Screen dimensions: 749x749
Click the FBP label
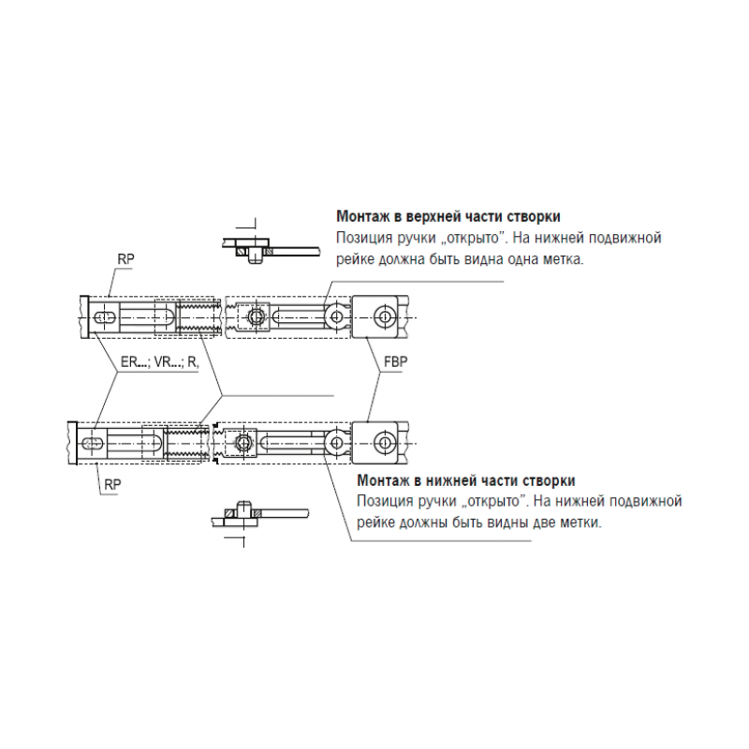(396, 361)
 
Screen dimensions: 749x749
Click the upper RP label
(126, 259)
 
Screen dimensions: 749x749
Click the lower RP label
(112, 484)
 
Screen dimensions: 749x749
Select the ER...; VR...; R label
(159, 361)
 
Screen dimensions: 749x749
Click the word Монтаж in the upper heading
(368, 216)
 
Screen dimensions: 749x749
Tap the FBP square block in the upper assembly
(375, 316)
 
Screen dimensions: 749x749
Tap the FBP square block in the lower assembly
(375, 443)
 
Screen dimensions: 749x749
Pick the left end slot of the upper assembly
(105, 317)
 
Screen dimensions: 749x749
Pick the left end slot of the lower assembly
(93, 443)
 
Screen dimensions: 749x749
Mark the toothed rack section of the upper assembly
(198, 316)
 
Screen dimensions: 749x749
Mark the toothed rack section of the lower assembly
(186, 443)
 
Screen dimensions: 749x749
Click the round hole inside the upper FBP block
(383, 316)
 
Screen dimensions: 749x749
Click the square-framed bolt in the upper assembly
(254, 316)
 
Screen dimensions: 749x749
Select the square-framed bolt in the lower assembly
(242, 443)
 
